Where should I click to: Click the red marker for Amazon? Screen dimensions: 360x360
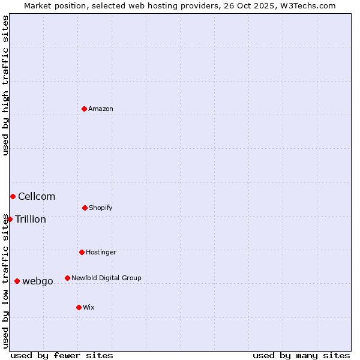(x=84, y=109)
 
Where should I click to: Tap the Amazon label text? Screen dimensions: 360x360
(x=101, y=109)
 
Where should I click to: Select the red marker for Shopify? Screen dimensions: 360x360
(x=85, y=208)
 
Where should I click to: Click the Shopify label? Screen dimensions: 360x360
(x=101, y=208)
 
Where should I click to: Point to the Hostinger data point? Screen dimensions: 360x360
(x=82, y=252)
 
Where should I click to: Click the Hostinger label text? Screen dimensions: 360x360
(x=101, y=252)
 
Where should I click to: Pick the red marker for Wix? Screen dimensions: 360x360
(x=79, y=307)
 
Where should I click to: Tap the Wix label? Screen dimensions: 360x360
(x=89, y=307)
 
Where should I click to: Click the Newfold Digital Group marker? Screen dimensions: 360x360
(x=67, y=278)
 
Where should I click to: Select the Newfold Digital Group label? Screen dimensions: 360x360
(x=106, y=278)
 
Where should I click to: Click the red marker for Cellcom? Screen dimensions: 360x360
(x=13, y=196)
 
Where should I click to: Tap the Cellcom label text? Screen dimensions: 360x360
(x=37, y=196)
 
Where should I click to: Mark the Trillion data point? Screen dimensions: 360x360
(x=10, y=219)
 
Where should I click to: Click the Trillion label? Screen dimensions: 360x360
(x=31, y=219)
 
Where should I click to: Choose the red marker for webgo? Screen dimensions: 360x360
(x=17, y=281)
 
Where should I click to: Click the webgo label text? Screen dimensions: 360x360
(x=38, y=281)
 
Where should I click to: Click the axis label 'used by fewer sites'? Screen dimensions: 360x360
(x=62, y=355)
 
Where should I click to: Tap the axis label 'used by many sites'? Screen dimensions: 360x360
(x=301, y=355)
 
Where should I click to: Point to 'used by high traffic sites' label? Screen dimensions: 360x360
(x=5, y=85)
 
